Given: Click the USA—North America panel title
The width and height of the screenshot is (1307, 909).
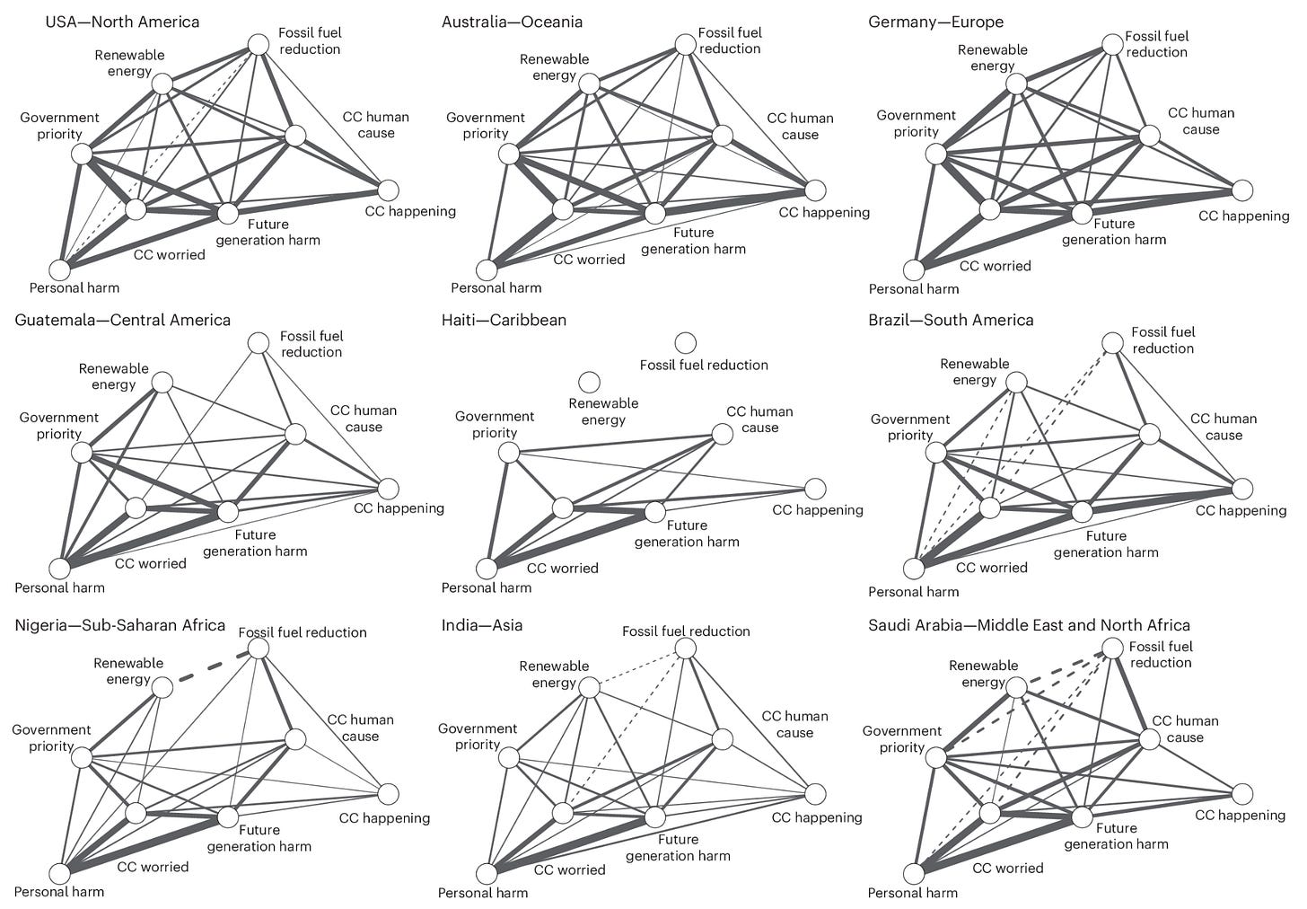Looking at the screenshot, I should (x=122, y=22).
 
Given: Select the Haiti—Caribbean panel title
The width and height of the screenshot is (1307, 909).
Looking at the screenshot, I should (x=504, y=320).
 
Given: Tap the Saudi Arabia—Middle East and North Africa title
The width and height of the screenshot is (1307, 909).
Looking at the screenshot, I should (x=1029, y=625).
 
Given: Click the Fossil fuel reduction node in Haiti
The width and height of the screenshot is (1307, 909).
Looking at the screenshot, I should (x=685, y=343).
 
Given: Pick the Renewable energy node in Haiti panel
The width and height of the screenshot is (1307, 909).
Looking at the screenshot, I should (x=590, y=383).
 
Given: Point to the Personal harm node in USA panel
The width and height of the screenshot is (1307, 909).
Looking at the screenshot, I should (x=60, y=269).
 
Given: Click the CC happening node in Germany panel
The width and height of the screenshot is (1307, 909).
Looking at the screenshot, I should (x=1241, y=190).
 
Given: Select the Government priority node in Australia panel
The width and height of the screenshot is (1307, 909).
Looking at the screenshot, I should (x=509, y=154).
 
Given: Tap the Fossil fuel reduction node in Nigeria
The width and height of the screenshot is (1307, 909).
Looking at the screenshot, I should (x=259, y=648).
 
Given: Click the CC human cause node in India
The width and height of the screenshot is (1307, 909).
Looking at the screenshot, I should (x=723, y=739).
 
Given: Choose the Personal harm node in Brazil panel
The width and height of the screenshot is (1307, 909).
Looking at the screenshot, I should (x=914, y=569).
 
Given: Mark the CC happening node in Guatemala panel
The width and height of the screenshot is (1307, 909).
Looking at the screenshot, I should (x=388, y=489).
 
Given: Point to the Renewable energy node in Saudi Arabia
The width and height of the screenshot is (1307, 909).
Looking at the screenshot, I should (x=1016, y=688).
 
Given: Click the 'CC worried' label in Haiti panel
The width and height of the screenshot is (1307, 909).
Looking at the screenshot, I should (x=562, y=569).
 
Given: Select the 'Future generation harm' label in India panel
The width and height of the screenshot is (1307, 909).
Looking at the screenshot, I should (x=678, y=848).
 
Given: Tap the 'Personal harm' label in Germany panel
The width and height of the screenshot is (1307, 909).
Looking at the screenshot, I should (x=913, y=289).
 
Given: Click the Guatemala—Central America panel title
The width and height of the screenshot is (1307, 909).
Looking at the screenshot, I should (x=122, y=320).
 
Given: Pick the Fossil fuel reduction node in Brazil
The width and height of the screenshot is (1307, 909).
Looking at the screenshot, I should (x=1112, y=343).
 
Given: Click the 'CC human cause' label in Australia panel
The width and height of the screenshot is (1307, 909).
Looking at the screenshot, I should (x=800, y=127).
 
